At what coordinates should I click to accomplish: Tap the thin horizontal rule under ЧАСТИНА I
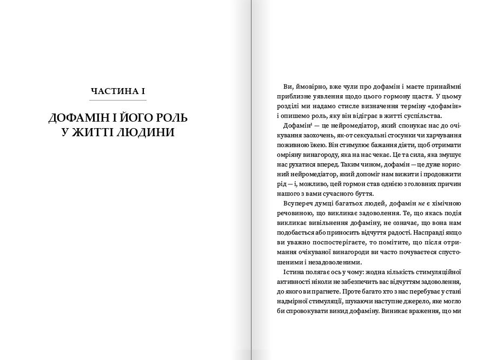118,101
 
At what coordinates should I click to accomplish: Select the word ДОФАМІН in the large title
79,117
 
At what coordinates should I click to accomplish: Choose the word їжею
319,145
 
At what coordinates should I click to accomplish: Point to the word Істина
293,272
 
